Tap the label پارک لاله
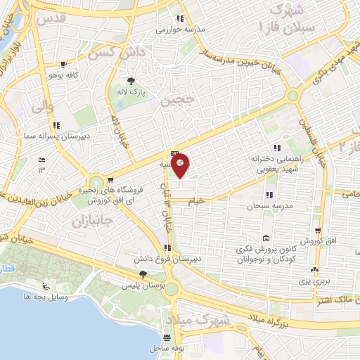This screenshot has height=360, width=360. [131, 91]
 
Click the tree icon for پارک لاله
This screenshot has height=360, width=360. [131, 80]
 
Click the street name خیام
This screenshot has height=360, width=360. [196, 201]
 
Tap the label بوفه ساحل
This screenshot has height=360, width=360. [166, 348]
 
